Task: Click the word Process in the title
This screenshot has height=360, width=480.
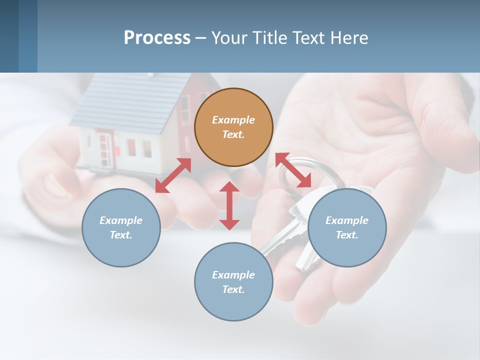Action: pyautogui.click(x=157, y=38)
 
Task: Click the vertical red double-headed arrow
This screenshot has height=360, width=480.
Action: pyautogui.click(x=229, y=205)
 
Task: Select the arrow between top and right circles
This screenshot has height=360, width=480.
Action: pyautogui.click(x=293, y=170)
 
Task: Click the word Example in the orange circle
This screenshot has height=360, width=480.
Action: pyautogui.click(x=233, y=120)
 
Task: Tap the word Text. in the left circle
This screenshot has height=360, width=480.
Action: pyautogui.click(x=121, y=235)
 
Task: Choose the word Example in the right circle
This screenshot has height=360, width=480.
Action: pyautogui.click(x=347, y=220)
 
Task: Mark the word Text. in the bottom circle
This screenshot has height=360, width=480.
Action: pyautogui.click(x=233, y=289)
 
